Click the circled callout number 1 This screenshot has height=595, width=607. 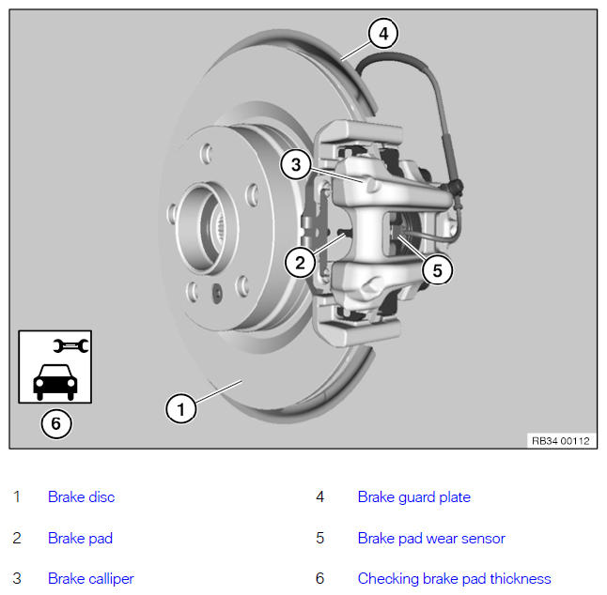coord(180,408)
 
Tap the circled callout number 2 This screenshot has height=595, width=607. coord(300,263)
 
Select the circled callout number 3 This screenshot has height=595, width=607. coord(296,164)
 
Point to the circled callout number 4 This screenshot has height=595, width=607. coord(383,33)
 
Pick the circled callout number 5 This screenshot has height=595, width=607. coord(438,270)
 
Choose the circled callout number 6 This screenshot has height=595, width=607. coord(56,423)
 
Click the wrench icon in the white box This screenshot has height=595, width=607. coord(70,345)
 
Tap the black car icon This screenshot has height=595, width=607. coord(55,382)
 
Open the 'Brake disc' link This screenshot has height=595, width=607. coord(82,496)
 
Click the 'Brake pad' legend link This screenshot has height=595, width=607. coord(80,538)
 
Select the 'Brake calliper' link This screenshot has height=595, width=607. coord(91,578)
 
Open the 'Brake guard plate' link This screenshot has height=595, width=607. coord(414,496)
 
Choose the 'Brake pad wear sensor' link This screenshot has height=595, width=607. coord(431,538)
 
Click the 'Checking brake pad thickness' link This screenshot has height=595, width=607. coord(455,578)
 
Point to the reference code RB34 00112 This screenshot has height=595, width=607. coord(561,441)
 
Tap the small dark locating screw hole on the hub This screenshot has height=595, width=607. coord(218,293)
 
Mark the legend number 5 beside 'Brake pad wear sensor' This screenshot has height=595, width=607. coord(319,538)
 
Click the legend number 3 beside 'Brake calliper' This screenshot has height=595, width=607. coord(17,578)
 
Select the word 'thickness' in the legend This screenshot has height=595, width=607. coord(521,578)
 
